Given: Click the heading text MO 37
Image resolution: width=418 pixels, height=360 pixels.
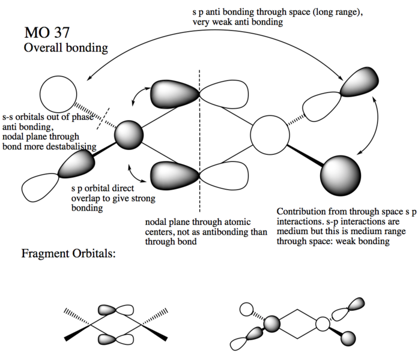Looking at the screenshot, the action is pos(47,32).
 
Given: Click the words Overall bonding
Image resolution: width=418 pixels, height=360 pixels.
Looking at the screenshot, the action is pos(66,48).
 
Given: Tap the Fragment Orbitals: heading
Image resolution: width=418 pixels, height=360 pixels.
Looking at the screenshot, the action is pos(68,253).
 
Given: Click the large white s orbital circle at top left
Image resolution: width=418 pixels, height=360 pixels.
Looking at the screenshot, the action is pos(58,94).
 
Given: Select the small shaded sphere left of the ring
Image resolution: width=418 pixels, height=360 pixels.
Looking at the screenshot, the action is pos(129,135).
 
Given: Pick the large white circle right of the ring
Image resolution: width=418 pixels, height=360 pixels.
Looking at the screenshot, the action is pos(270,135).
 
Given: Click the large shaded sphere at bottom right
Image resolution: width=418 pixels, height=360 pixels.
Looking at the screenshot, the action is pos(341,176).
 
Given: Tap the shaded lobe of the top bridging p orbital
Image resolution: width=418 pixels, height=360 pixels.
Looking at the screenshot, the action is pos(174,94).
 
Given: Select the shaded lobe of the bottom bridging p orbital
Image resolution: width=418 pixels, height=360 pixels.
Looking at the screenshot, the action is pos(174,176).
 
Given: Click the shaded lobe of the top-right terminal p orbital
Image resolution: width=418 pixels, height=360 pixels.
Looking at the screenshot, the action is pos(360,82).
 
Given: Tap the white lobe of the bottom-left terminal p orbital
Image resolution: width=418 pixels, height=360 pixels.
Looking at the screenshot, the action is pos(39,187).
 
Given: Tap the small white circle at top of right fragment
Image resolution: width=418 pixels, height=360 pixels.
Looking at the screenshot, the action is pos(247,310).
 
